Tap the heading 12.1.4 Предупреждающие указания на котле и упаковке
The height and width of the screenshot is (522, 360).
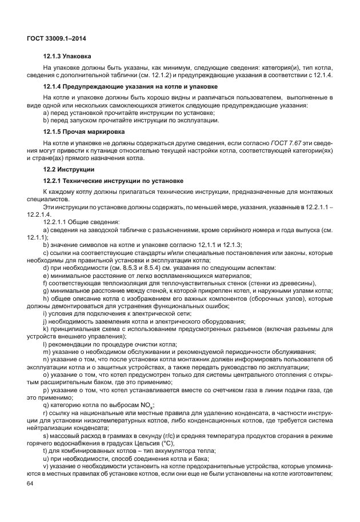click(130, 87)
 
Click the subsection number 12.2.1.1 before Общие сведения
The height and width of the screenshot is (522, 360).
click(60, 221)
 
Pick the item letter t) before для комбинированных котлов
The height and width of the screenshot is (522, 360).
click(46, 451)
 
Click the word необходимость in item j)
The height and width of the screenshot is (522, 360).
click(73, 321)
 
